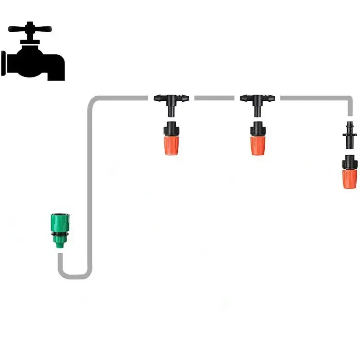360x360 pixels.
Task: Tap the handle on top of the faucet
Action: tap(30, 29)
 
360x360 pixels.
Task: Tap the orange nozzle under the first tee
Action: tap(171, 143)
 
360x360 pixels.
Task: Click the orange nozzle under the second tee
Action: tap(258, 143)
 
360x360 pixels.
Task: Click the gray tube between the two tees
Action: tap(214, 98)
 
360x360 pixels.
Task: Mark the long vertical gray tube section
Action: tap(89, 184)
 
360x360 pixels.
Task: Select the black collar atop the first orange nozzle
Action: tap(171, 127)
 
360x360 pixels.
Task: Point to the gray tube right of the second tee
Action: tap(313, 98)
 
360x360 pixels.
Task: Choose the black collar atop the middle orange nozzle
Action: tap(258, 127)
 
